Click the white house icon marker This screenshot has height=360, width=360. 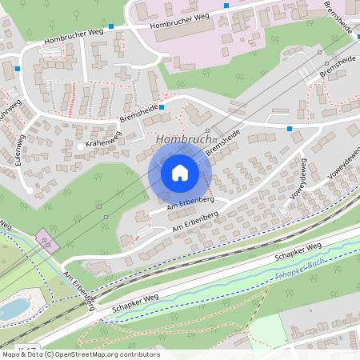180,171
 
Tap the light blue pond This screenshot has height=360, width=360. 12,309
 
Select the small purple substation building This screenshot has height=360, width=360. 46,241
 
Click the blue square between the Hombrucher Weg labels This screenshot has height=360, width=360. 111,26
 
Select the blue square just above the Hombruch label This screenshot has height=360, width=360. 162,106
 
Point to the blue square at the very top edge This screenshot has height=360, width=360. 226,6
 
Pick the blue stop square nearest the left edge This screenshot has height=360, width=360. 17,69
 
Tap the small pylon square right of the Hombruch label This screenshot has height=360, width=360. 206,140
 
